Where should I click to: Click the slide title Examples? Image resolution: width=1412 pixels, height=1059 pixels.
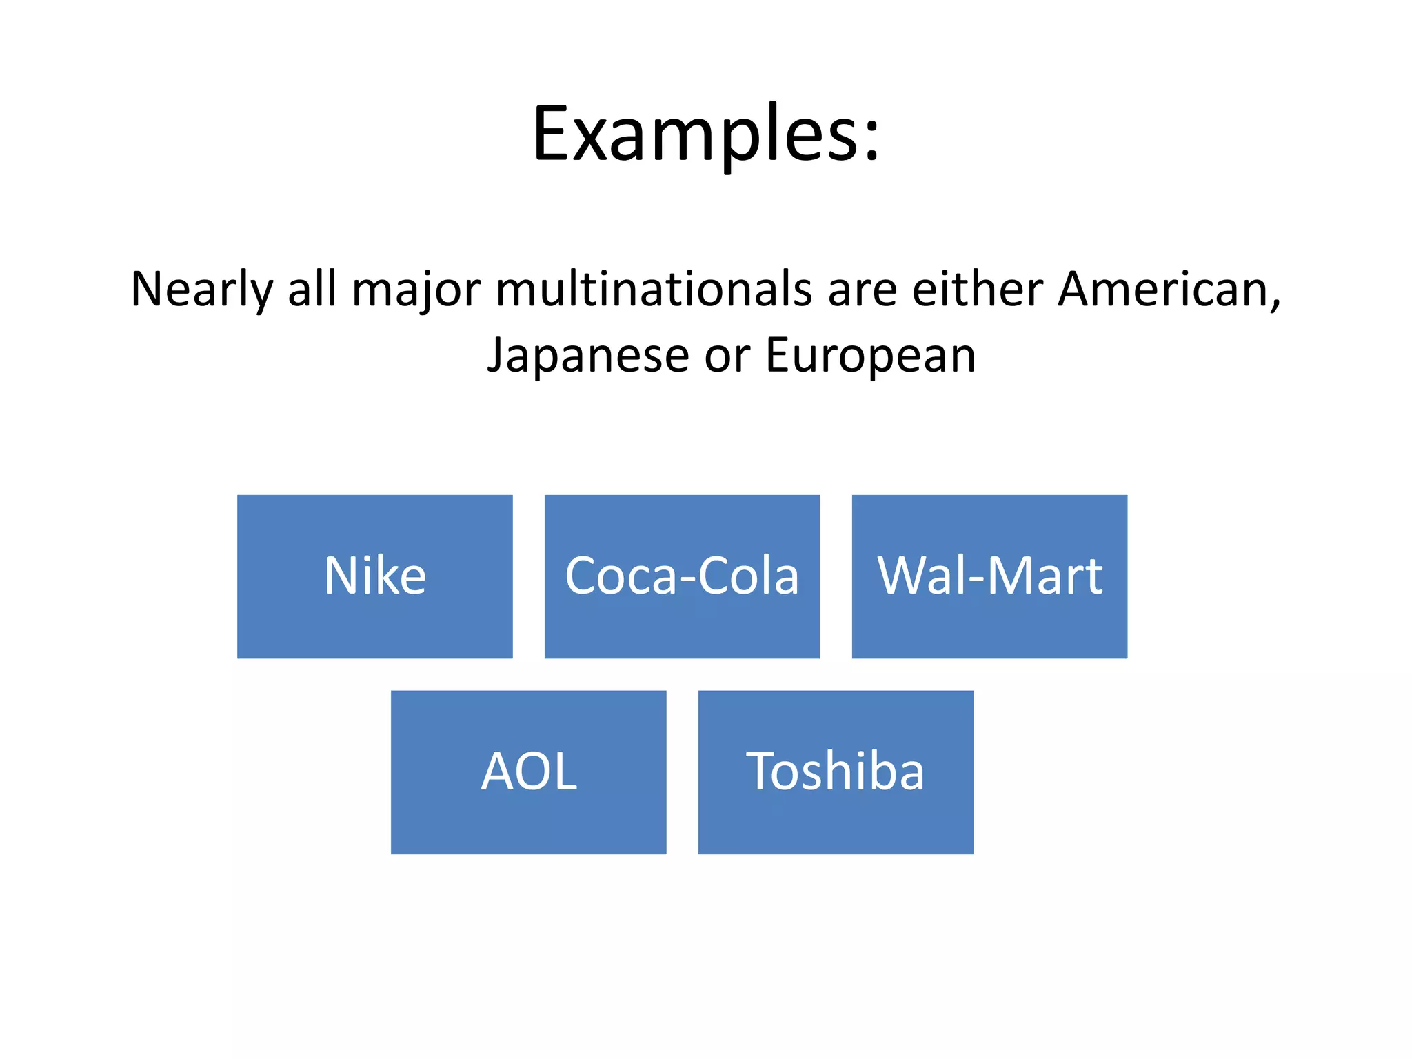(x=705, y=134)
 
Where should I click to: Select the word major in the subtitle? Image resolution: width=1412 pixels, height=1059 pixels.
(x=416, y=290)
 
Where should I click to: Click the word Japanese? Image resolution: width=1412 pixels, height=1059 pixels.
(x=588, y=356)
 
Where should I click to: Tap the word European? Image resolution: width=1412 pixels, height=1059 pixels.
(x=870, y=356)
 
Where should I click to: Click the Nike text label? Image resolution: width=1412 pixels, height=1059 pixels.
(x=375, y=576)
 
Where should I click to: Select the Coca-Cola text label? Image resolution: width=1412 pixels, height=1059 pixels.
(x=682, y=576)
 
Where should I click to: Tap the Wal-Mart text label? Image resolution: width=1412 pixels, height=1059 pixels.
(x=989, y=576)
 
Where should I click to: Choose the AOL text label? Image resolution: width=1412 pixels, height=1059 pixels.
(x=529, y=771)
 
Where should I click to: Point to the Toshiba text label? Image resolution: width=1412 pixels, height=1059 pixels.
(x=835, y=771)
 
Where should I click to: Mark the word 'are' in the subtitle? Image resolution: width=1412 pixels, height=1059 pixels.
(x=862, y=290)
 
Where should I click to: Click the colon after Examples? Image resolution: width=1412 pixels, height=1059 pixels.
(x=871, y=141)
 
